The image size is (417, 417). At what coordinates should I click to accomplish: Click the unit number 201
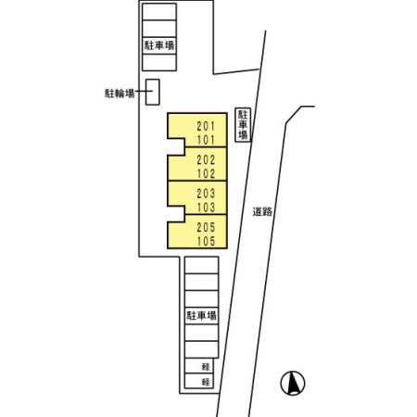coord(206,126)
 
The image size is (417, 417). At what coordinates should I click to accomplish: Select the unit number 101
coord(206,140)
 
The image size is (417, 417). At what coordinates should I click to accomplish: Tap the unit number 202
coord(206,159)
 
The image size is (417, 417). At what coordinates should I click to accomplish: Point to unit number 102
coord(206,173)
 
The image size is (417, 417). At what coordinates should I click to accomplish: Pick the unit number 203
coord(206,194)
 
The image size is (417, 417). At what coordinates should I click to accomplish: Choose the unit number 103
coord(206,208)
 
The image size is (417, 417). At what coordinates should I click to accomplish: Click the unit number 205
coord(206,227)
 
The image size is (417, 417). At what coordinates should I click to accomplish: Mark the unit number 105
coord(206,241)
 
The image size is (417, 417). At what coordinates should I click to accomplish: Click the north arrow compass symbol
coord(293,383)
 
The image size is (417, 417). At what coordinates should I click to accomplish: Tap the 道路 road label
coord(262,212)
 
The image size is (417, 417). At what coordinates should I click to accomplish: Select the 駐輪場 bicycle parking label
coord(120,93)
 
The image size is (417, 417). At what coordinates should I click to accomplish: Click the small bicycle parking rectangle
coord(153,92)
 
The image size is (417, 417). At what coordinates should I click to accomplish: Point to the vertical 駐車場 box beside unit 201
coord(243,125)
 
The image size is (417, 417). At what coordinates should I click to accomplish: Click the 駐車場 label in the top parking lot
coord(159,45)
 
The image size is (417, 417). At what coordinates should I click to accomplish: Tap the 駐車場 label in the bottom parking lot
coord(201,316)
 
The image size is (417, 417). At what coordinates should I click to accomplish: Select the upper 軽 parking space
coord(199,366)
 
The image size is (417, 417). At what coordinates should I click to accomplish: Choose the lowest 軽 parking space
coord(199,381)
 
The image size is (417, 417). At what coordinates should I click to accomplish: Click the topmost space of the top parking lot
coord(159,12)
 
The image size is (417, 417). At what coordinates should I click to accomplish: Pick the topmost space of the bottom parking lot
coord(202,265)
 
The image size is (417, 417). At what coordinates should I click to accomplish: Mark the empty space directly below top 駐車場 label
coord(159,62)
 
